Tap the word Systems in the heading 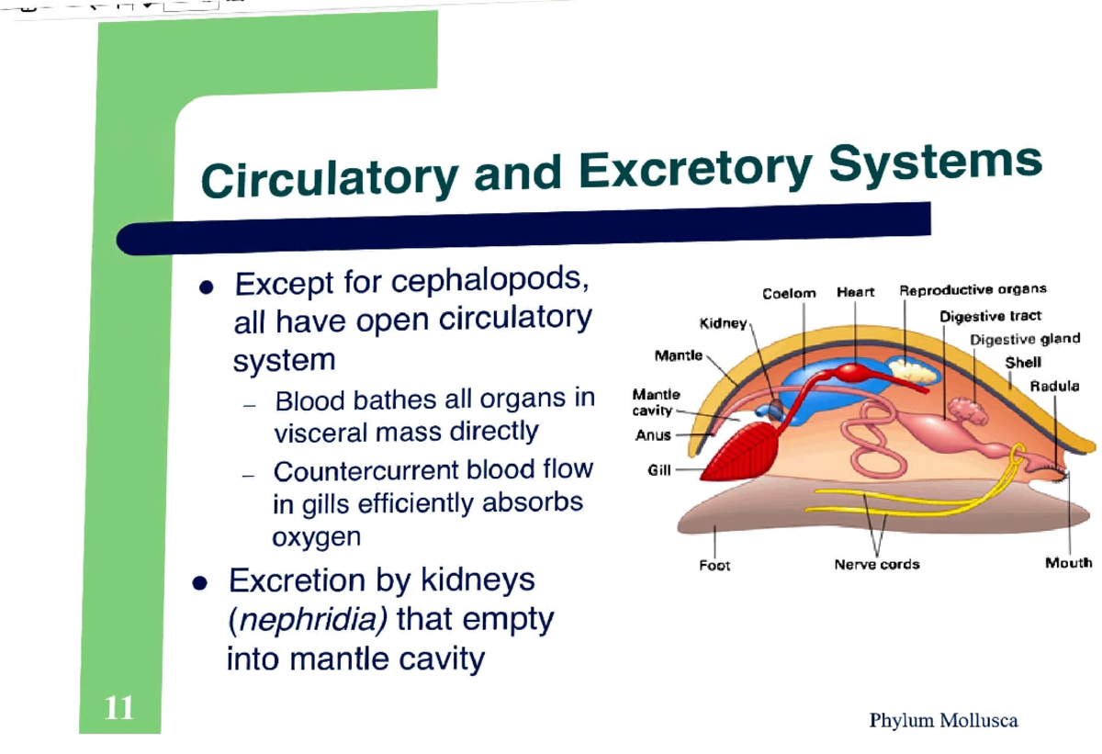937,164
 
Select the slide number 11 119,708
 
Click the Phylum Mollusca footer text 943,720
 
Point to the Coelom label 789,293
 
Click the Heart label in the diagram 855,292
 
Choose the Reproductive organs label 973,290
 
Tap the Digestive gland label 1025,339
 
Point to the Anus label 653,435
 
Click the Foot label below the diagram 714,565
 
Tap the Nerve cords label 876,564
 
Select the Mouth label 1068,563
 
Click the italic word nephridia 307,621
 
